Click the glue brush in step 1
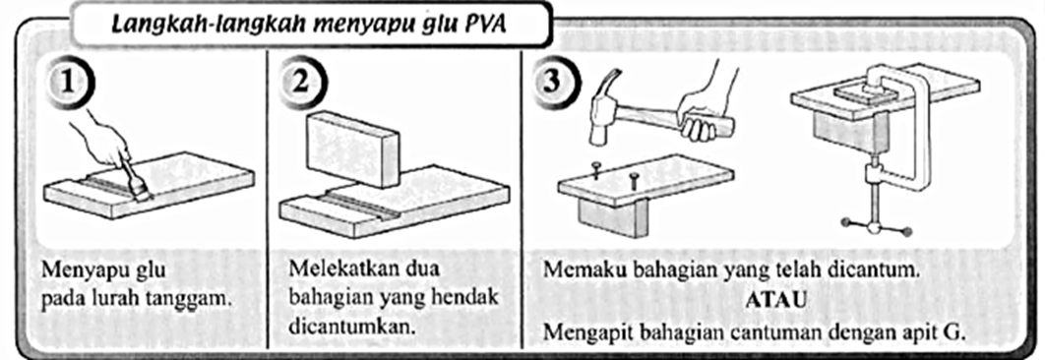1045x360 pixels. coord(138,187)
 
